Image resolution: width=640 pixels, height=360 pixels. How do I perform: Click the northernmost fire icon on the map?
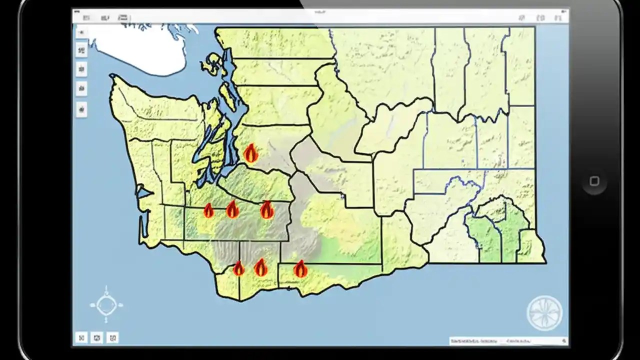point(251,153)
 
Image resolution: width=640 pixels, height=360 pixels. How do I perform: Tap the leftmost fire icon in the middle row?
point(208,210)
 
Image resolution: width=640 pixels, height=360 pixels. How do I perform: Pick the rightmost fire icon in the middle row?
point(267,209)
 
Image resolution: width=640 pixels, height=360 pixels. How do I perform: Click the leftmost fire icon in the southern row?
point(238,268)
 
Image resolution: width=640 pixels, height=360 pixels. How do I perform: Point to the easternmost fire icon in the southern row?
point(300,268)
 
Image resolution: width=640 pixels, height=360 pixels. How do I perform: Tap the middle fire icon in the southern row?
point(260,267)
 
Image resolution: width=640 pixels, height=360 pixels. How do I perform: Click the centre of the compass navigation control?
point(106,304)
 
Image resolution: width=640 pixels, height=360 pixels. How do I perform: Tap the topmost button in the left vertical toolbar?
point(81,32)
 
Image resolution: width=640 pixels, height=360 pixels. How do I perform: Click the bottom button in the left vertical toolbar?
point(81,108)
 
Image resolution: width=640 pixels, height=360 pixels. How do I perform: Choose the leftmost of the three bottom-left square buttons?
point(81,337)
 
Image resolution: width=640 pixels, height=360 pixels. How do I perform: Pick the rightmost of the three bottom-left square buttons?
point(113,337)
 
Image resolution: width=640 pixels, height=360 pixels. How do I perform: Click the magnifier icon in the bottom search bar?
point(564,341)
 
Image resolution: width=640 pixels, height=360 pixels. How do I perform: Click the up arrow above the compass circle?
point(106,289)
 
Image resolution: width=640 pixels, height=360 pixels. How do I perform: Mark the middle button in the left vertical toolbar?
point(81,69)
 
